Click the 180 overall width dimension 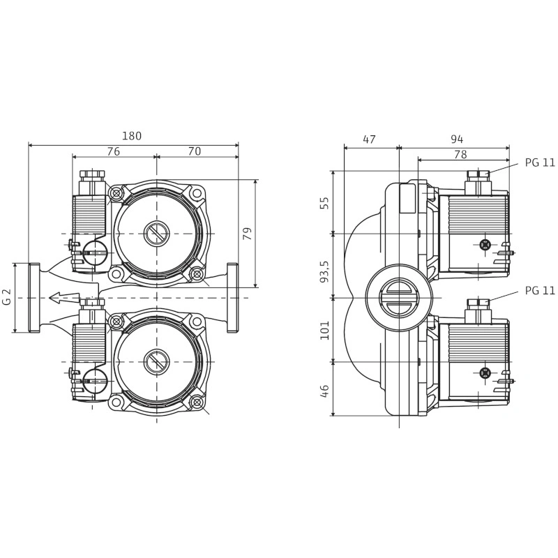pos(132,136)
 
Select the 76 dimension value pos(113,151)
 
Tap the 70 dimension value pos(195,151)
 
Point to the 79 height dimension pos(248,234)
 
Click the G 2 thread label pos(8,297)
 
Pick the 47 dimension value pos(369,139)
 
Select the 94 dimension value pos(457,139)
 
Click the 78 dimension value pos(460,154)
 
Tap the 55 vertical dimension pos(324,202)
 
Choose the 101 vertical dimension pos(324,330)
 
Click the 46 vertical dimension pos(324,391)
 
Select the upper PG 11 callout pos(540,163)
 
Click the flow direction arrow pos(64,297)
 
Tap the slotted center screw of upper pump pos(156,234)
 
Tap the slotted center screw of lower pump pos(156,362)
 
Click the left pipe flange pos(34,298)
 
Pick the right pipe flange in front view pos(232,298)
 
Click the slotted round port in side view pos(399,298)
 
